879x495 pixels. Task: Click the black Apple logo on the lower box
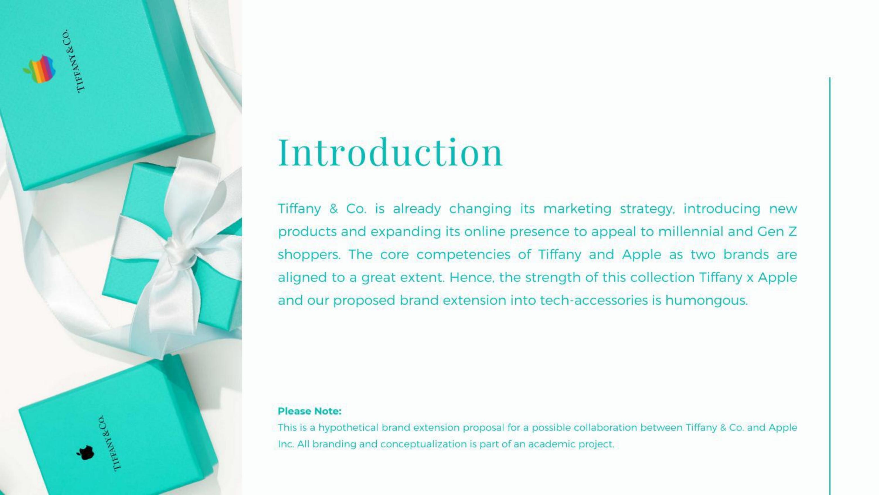[x=85, y=453]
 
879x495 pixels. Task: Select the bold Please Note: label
[x=309, y=411]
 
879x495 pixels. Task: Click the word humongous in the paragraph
[x=706, y=301]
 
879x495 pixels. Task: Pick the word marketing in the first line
[x=577, y=209]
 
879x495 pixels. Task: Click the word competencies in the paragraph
[x=463, y=255]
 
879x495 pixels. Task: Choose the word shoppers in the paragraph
[x=309, y=255]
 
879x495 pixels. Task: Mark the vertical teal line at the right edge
[x=829, y=286]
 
